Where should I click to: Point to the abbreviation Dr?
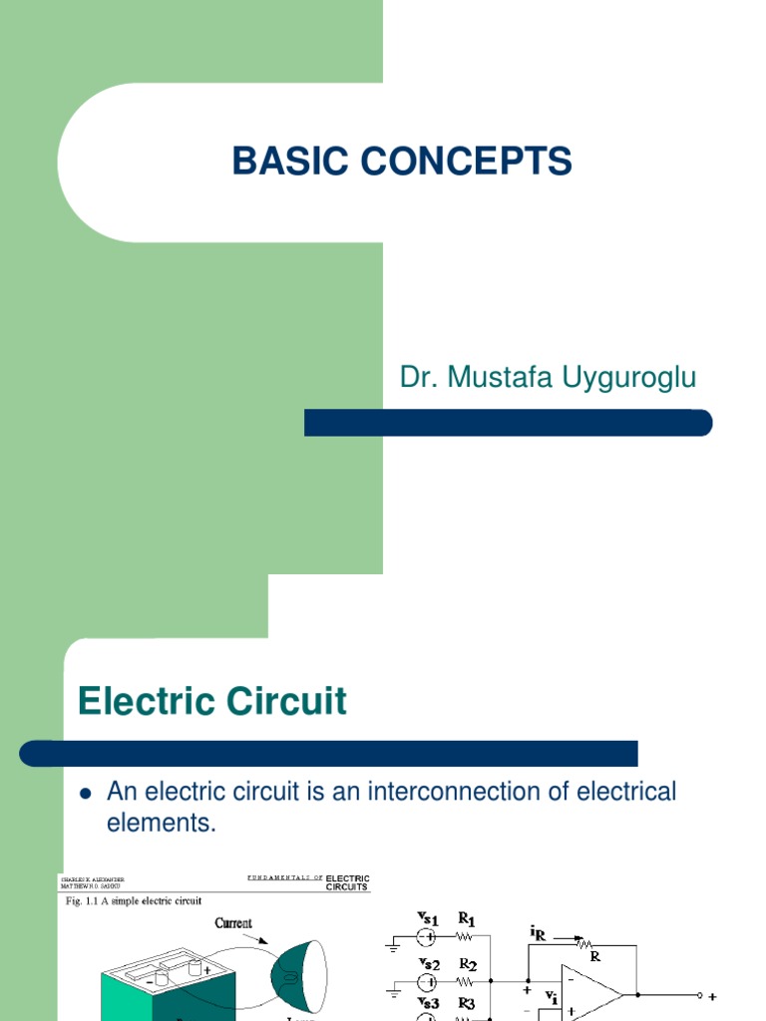(415, 378)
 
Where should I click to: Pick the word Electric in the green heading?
(142, 702)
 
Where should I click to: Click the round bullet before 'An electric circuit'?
(85, 794)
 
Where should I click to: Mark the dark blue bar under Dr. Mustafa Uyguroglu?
(508, 423)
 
